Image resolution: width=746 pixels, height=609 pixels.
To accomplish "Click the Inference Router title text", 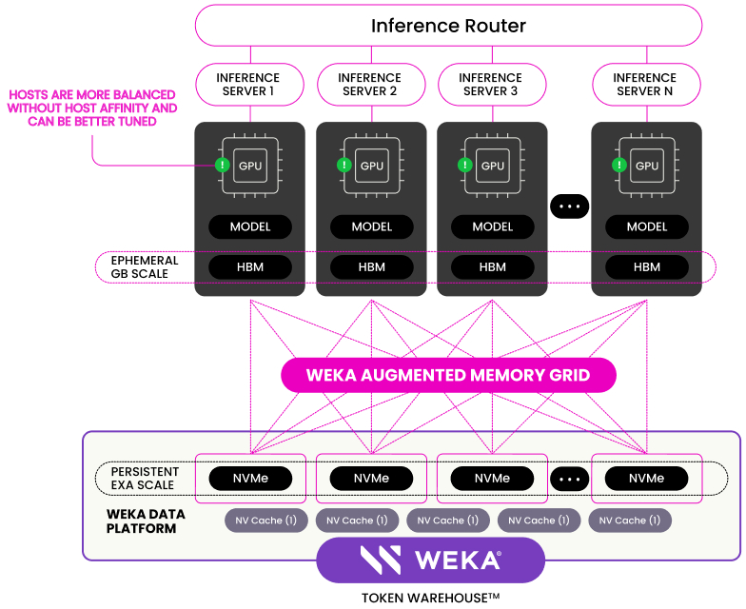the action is click(448, 26).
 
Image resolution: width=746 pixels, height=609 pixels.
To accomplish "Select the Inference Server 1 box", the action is click(249, 84).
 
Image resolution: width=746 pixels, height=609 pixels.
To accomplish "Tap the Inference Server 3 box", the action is click(492, 84).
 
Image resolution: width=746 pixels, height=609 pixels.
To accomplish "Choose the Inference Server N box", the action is click(646, 84).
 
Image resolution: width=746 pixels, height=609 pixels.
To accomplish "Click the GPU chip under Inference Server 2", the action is click(372, 166).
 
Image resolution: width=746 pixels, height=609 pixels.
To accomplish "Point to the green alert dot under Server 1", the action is click(223, 166).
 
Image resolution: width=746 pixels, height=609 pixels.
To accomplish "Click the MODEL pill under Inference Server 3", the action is click(493, 226).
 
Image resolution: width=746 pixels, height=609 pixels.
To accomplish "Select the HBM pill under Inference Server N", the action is click(647, 266).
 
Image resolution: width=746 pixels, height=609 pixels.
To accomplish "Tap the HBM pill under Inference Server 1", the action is click(250, 266).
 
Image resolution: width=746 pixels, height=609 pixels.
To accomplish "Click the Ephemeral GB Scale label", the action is click(145, 266).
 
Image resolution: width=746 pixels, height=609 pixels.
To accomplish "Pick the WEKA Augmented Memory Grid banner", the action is click(448, 375).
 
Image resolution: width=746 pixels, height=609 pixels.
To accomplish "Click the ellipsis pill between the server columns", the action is click(569, 206).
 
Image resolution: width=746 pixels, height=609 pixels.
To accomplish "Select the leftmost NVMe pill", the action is click(250, 478).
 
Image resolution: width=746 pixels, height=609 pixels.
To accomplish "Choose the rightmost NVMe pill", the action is click(646, 478).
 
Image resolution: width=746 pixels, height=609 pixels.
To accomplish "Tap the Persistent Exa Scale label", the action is click(145, 478).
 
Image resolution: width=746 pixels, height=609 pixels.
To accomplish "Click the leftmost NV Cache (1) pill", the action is click(266, 520).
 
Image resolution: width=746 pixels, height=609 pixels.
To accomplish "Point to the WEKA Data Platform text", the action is click(146, 521).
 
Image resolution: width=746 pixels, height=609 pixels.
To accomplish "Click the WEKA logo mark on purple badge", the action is click(381, 560).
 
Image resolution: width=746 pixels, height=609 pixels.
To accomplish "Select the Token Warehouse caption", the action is click(430, 598).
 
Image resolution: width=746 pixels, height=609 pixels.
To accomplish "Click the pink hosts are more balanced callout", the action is click(92, 108).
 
